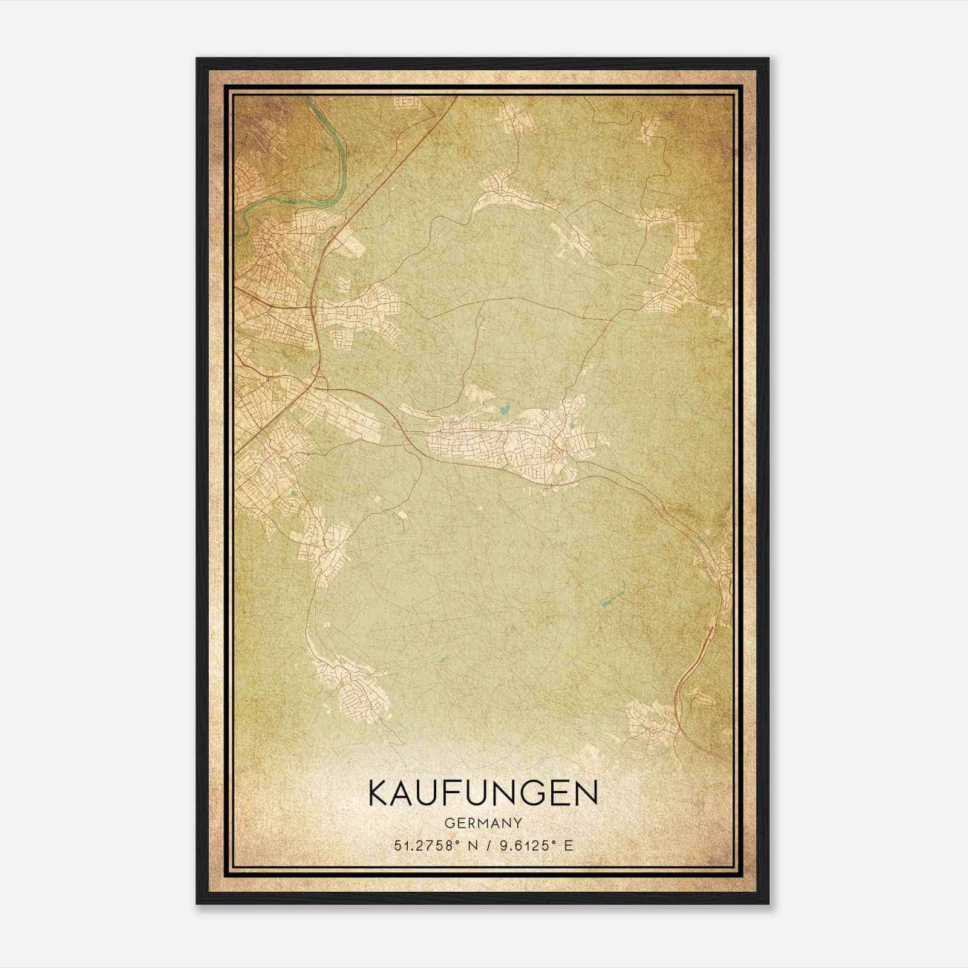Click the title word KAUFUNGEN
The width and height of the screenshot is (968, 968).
(483, 793)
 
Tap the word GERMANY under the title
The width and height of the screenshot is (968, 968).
(483, 823)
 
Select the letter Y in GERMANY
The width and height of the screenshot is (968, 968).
(518, 823)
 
